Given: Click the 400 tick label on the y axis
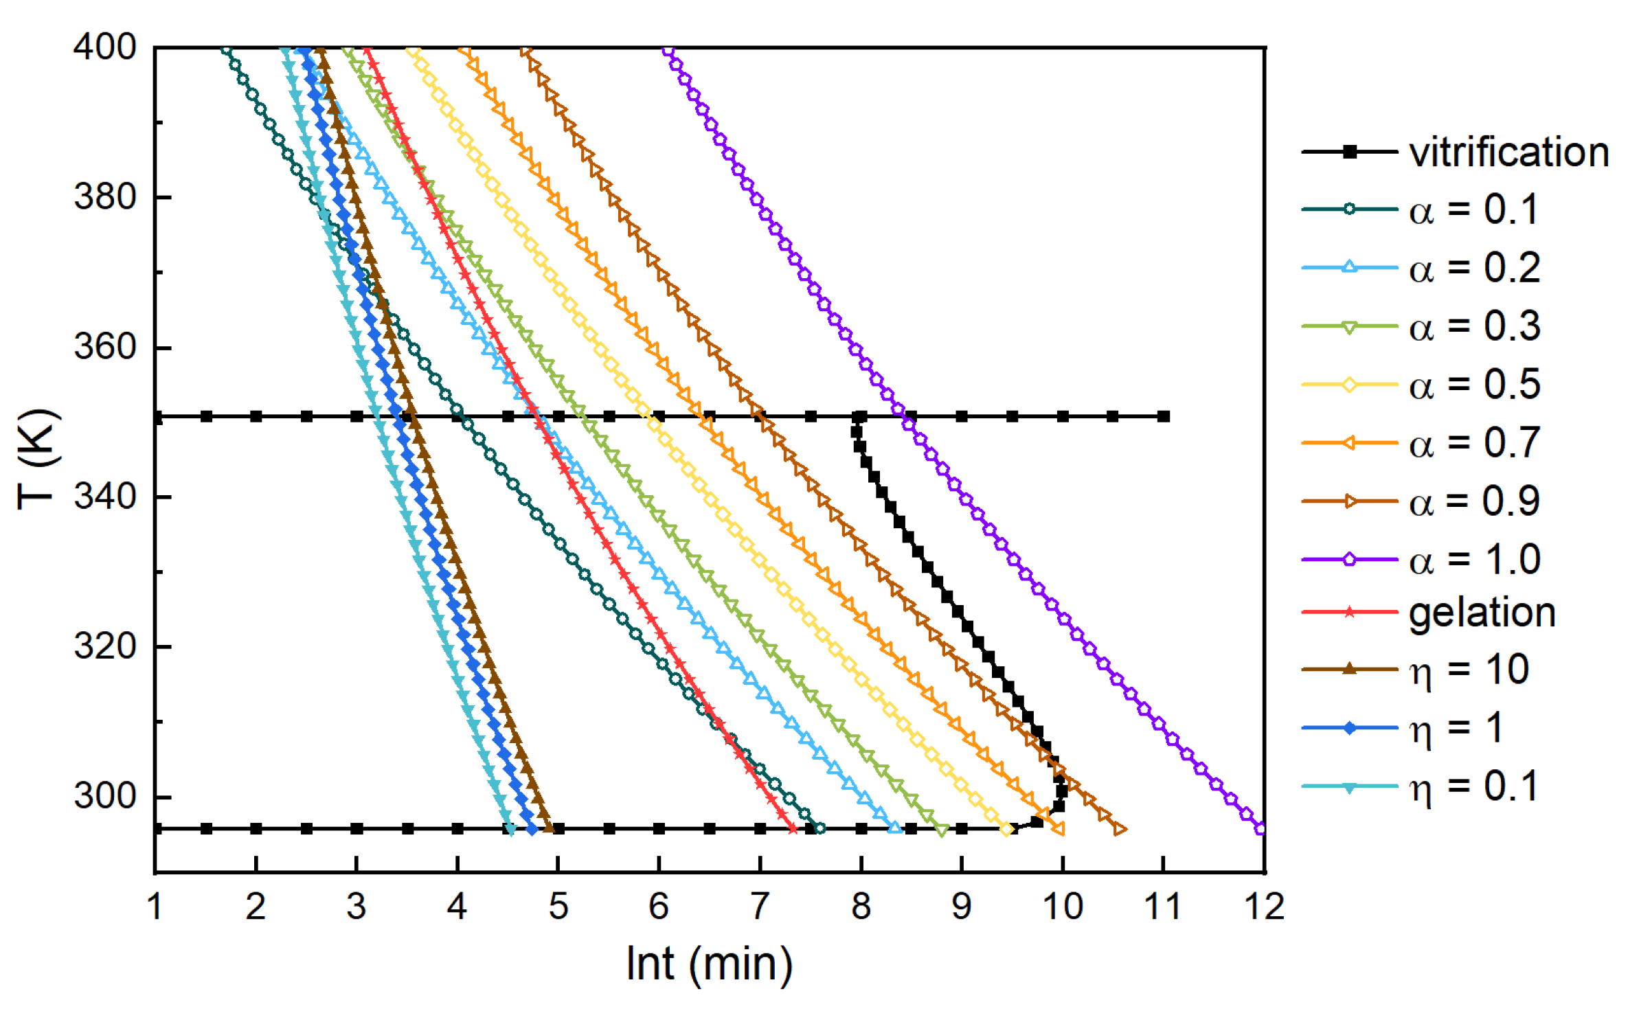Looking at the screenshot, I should click(x=104, y=47).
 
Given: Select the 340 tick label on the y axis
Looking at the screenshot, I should click(x=104, y=497).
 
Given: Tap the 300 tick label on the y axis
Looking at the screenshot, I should click(x=104, y=797).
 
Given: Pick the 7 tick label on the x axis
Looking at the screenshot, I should click(x=760, y=907).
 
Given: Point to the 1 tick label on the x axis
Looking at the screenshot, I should click(x=155, y=907).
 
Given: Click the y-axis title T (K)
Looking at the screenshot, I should click(x=38, y=459).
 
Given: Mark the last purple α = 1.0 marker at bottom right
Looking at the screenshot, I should click(x=1260, y=828).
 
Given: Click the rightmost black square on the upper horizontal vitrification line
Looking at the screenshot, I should click(x=1163, y=416).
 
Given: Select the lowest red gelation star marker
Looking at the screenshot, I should click(x=793, y=829).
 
